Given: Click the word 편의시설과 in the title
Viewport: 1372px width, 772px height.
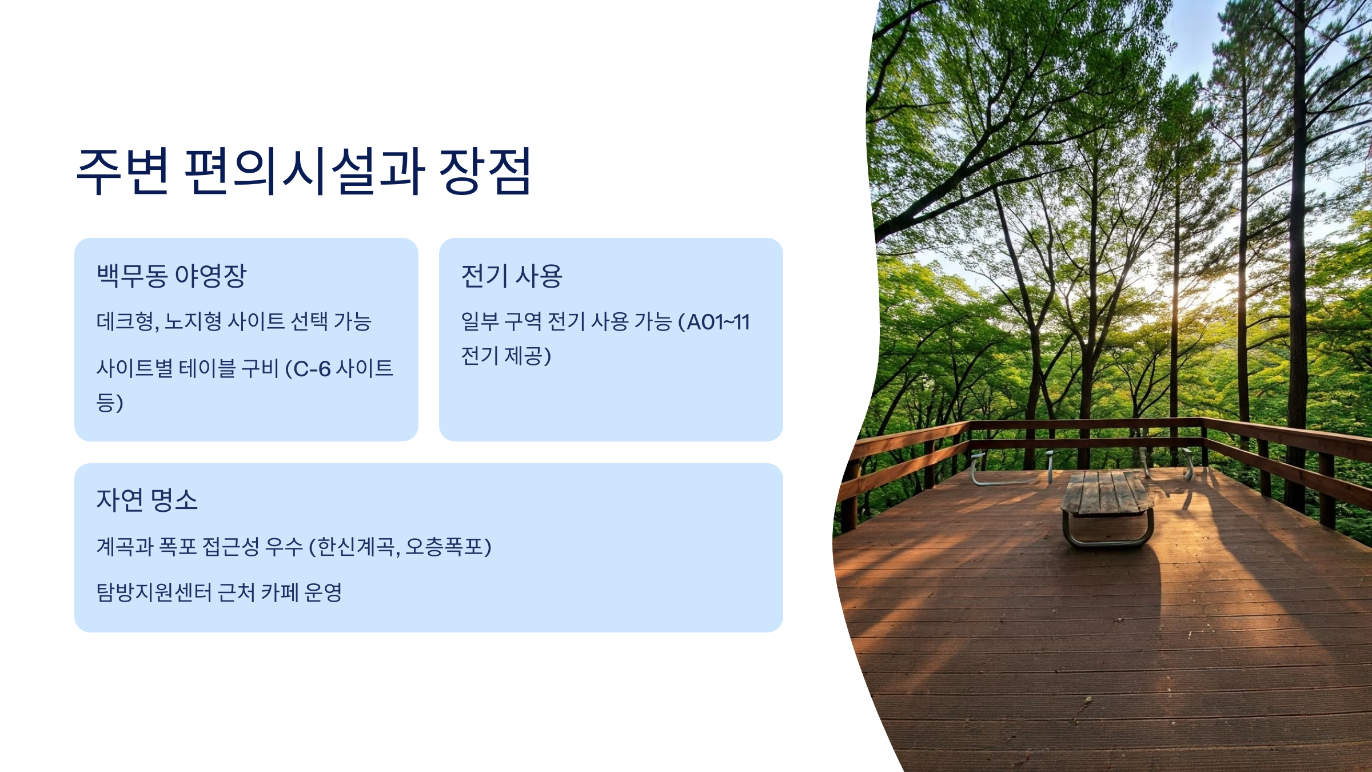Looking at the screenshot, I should tap(304, 171).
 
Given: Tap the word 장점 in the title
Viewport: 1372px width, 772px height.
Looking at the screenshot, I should tap(485, 171).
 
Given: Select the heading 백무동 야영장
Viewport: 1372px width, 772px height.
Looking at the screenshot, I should tap(171, 276).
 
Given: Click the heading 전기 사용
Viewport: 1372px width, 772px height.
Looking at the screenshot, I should tap(512, 276).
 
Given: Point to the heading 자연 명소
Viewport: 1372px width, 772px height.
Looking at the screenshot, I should tap(147, 500).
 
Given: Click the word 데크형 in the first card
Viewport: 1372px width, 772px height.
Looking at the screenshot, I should tap(125, 321).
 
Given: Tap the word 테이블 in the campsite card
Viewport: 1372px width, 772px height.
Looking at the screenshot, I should tap(207, 368).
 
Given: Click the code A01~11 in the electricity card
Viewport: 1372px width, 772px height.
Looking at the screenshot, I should tap(718, 322).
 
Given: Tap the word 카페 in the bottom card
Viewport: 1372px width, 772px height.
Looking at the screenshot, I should tap(280, 592).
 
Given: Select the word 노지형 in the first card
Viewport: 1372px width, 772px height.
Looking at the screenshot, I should tap(193, 321).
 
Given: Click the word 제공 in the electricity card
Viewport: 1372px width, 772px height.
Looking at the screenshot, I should tap(523, 356).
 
